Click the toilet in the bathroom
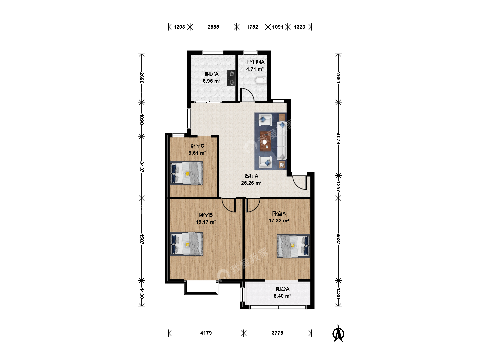point(261,80)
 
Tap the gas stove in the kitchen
point(231,78)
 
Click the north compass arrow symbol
point(338,333)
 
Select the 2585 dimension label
point(213,27)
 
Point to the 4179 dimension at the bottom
point(206,333)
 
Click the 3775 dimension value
point(278,333)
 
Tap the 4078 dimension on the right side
point(338,139)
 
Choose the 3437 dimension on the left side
point(142,167)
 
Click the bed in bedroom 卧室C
point(187,173)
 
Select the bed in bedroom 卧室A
point(293,246)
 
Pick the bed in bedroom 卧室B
point(187,244)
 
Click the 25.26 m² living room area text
point(251,183)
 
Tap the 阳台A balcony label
point(283,289)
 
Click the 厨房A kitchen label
point(211,74)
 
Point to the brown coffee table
point(265,141)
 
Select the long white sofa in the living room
point(282,141)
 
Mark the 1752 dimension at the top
point(252,27)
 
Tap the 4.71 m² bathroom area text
point(255,69)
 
